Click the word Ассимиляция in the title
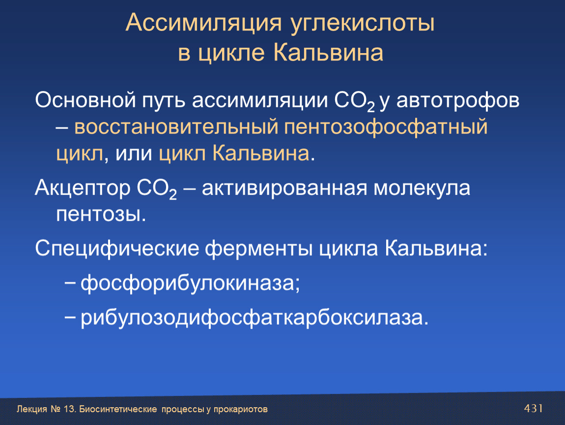click(x=203, y=23)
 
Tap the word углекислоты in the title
click(x=363, y=24)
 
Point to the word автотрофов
click(x=457, y=100)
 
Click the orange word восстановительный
click(x=176, y=127)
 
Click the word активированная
click(x=284, y=188)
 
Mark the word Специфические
click(x=117, y=249)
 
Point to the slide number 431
click(x=533, y=408)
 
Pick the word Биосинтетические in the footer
click(x=118, y=409)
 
